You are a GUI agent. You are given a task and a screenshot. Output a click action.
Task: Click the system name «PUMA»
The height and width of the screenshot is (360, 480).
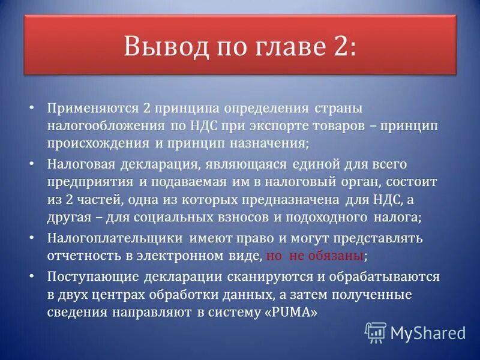point(289,312)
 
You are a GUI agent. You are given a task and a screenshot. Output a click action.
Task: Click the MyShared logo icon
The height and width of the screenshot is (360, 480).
point(375,332)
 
